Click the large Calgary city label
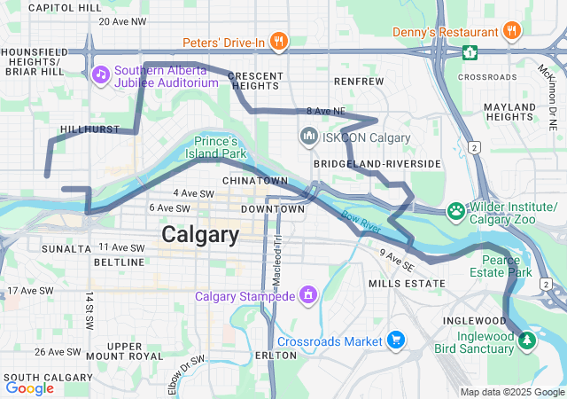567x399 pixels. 200,235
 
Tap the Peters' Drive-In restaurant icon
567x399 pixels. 278,41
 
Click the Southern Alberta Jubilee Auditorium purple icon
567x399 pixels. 100,73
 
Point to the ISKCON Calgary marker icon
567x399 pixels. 309,137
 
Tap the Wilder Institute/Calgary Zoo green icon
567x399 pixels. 455,210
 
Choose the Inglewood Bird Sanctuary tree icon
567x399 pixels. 526,340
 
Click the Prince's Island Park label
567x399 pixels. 217,147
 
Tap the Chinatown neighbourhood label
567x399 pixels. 255,180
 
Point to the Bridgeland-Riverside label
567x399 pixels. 377,164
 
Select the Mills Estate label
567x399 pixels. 406,283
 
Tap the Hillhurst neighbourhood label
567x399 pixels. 89,129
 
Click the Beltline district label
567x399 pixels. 119,262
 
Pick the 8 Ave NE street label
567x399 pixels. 324,111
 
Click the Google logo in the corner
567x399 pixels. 30,387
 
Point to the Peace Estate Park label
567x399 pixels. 507,266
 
